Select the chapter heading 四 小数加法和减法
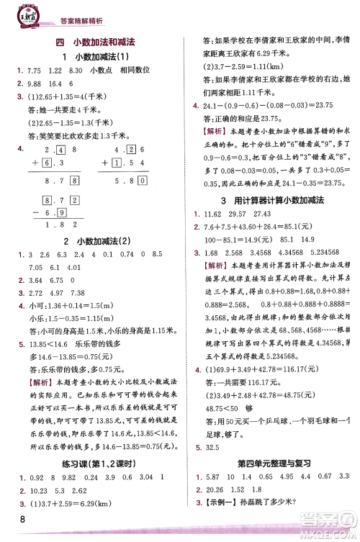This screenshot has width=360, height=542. [x=106, y=43]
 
